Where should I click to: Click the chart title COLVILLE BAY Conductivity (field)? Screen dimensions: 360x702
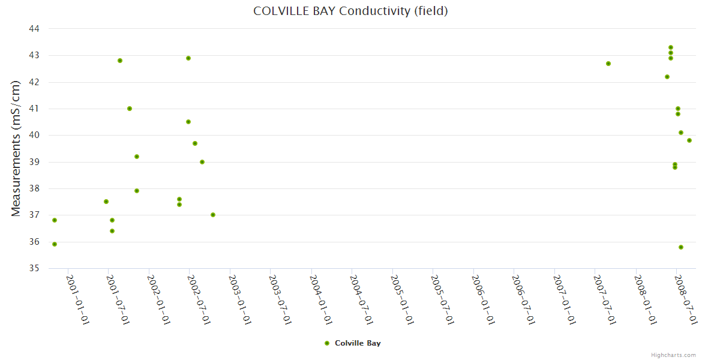tap(351, 11)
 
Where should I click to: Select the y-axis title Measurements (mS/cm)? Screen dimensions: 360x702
tap(16, 148)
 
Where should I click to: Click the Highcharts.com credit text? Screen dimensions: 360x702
tap(673, 355)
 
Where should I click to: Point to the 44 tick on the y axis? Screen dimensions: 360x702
tap(34, 29)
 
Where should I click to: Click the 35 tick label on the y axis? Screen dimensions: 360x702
tap(34, 268)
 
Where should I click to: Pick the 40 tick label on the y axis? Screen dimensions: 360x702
tap(34, 135)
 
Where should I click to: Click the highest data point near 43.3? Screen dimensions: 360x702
tap(671, 47)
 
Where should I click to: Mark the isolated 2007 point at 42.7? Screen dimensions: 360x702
tap(608, 64)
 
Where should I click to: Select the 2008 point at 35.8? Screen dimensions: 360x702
tap(681, 247)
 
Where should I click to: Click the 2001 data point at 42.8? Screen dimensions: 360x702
tap(120, 61)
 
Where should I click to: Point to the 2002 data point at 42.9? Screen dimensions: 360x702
tap(188, 58)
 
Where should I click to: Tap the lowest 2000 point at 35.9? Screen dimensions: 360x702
tap(55, 244)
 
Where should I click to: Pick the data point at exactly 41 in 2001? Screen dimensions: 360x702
tap(130, 109)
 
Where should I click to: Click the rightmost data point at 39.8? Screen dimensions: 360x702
tap(689, 140)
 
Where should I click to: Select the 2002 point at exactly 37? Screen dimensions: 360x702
tap(213, 215)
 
